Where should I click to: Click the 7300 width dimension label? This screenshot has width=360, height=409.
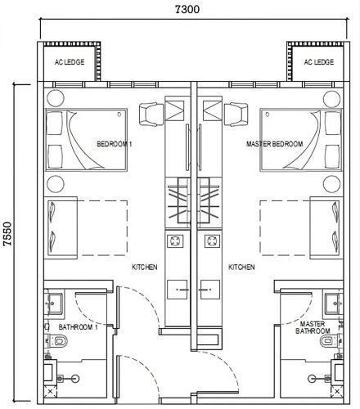pyautogui.click(x=187, y=9)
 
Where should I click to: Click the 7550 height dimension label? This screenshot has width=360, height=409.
pyautogui.click(x=7, y=234)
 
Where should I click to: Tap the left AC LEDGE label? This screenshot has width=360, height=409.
pyautogui.click(x=70, y=62)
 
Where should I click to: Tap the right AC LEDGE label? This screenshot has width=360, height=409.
pyautogui.click(x=319, y=62)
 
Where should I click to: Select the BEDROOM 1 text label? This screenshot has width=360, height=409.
pyautogui.click(x=115, y=144)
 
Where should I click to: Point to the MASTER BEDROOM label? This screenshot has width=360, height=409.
pyautogui.click(x=274, y=144)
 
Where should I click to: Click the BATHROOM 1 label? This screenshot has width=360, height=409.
pyautogui.click(x=78, y=326)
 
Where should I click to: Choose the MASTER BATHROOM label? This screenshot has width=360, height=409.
pyautogui.click(x=313, y=327)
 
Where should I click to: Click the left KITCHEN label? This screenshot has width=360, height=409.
pyautogui.click(x=145, y=267)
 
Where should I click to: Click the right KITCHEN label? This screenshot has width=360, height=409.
pyautogui.click(x=241, y=267)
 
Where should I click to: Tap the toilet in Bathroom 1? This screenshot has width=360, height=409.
pyautogui.click(x=58, y=341)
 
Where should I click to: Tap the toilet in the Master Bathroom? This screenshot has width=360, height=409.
pyautogui.click(x=330, y=341)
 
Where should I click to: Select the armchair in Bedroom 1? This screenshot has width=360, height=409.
pyautogui.click(x=151, y=115)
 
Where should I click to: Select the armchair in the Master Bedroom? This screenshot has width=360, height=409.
pyautogui.click(x=236, y=115)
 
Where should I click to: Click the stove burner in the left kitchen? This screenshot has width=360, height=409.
pyautogui.click(x=175, y=240)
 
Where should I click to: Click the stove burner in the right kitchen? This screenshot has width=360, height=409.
pyautogui.click(x=212, y=240)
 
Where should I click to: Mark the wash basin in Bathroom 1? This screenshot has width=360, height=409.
pyautogui.click(x=54, y=303)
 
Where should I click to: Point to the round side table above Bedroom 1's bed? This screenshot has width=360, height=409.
pyautogui.click(x=56, y=98)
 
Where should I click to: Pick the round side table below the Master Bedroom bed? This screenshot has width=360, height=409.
pyautogui.click(x=331, y=184)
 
